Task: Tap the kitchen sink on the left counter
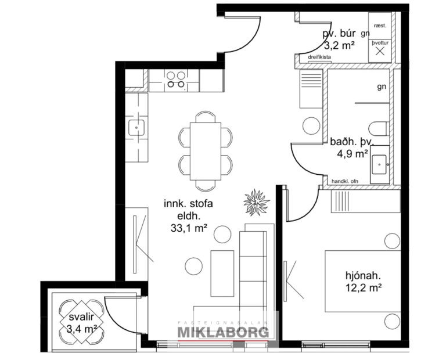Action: click(137, 127)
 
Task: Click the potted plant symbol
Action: click(256, 201)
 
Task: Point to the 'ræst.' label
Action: click(381, 26)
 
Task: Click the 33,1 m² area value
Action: click(189, 229)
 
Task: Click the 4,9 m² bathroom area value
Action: click(353, 154)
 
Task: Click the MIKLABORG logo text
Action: click(223, 332)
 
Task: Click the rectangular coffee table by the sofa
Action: click(222, 273)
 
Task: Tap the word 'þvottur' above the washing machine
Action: click(381, 42)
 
